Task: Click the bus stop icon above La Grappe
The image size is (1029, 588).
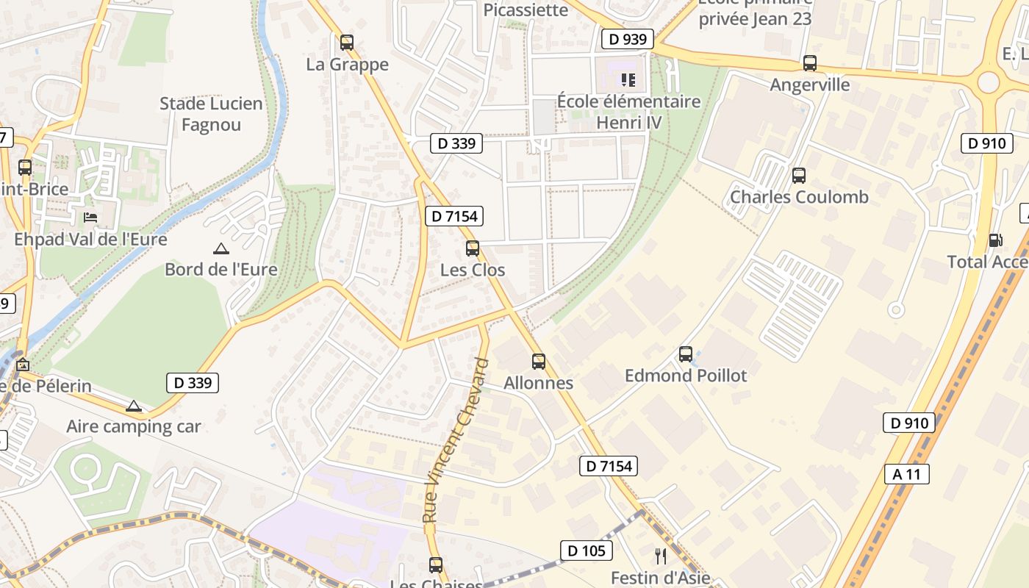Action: pos(347,43)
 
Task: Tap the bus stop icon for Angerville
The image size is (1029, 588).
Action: pos(810,63)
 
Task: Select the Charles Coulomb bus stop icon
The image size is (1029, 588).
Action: pos(799,176)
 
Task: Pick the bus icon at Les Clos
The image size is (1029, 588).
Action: pos(473,248)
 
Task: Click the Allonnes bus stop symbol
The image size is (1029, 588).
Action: pos(539,361)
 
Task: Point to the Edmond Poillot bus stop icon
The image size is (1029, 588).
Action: pos(686,354)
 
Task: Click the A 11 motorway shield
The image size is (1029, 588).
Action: pos(906,474)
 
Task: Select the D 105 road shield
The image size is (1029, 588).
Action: pos(586,550)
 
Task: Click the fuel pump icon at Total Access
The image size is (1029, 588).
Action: pos(995,240)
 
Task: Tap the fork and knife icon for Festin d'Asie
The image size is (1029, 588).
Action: pos(661,556)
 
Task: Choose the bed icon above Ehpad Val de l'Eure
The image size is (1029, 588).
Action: pos(90,218)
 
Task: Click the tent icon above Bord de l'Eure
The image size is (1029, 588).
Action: pos(220,248)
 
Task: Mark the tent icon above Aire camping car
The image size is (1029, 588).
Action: pos(133,406)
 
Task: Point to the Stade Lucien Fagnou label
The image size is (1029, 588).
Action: pos(211,114)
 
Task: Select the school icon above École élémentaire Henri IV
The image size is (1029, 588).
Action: pos(628,79)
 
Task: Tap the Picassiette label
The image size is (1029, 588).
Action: pos(526,10)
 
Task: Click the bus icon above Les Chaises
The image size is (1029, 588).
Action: pos(436,564)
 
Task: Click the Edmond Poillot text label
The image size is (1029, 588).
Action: pos(685,376)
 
